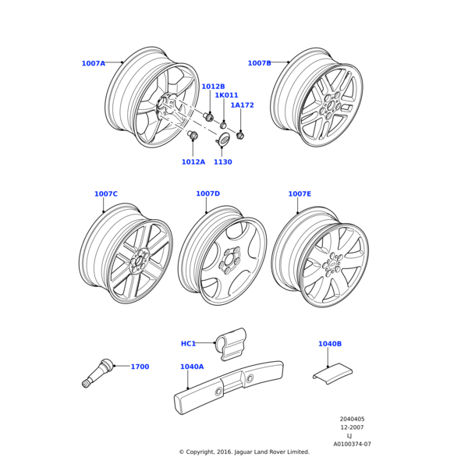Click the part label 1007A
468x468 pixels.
tap(93, 63)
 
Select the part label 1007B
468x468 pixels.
tap(259, 63)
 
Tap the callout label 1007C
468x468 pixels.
tap(105, 194)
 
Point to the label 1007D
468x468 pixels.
tap(207, 193)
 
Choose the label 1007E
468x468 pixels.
tap(300, 194)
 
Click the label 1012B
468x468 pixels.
tap(213, 87)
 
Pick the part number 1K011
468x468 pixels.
tap(226, 96)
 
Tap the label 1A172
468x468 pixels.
tap(242, 105)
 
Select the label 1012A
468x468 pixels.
tap(193, 162)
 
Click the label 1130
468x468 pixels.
tap(223, 162)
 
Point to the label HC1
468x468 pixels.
tap(188, 343)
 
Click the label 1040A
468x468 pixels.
tap(192, 367)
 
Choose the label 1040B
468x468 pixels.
tap(329, 343)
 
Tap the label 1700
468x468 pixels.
tap(140, 367)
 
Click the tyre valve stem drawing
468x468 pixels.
tap(97, 374)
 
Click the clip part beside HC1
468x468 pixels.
tap(232, 343)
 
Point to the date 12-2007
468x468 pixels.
tap(352, 427)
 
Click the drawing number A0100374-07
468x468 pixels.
tap(352, 444)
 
